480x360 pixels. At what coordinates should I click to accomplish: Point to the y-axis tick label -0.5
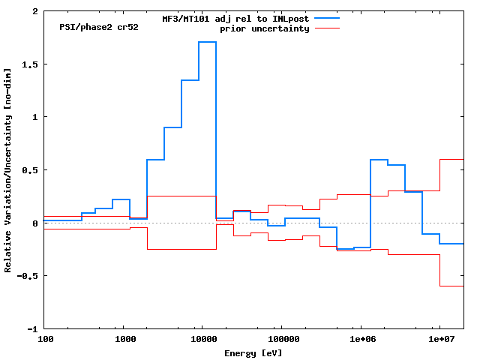point(28,276)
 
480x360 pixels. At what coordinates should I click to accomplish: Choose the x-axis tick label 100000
point(280,339)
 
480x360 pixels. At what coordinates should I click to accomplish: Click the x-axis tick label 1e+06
point(361,339)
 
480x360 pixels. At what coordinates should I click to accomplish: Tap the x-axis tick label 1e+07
point(439,339)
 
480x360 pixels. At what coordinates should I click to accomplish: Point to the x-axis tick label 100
point(45,339)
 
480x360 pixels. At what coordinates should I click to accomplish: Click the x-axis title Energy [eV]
point(253,352)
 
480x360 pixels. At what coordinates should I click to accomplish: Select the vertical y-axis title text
point(8,170)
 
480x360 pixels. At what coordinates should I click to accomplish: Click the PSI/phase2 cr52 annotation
point(98,27)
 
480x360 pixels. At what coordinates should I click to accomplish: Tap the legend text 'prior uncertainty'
point(264,28)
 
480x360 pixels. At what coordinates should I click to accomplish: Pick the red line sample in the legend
point(327,28)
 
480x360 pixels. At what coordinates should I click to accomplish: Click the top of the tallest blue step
point(207,42)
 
